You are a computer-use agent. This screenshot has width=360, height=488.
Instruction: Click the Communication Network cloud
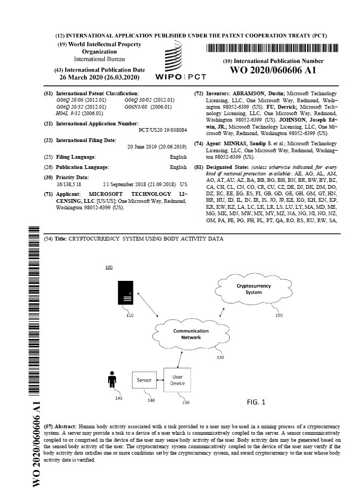(187, 335)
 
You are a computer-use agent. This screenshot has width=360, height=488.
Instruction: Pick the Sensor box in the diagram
(144, 379)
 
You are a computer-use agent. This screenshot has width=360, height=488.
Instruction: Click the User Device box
(178, 380)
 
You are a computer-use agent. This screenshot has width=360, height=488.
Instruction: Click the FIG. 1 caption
(256, 402)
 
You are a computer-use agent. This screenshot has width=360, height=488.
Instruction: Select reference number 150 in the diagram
(278, 315)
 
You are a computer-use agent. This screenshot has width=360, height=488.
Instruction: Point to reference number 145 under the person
(118, 398)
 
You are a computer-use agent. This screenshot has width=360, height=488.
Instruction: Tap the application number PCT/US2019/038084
(163, 130)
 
